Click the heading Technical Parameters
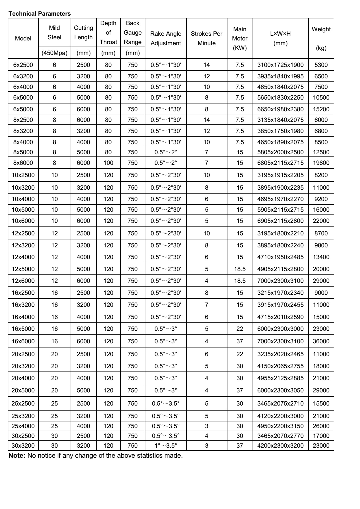coord(40,14)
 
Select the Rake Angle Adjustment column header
coord(166,38)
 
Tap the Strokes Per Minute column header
coord(207,38)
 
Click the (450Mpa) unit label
coord(54,53)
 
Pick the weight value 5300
coord(321,65)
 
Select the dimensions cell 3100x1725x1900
coord(280,65)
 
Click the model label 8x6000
coord(23,163)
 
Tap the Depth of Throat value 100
coord(108,163)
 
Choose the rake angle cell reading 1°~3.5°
coord(166,445)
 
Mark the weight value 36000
coord(321,341)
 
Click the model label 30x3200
coord(23,445)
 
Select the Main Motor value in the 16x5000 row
coord(240,329)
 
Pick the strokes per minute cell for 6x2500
coord(207,65)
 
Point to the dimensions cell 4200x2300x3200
coord(280,445)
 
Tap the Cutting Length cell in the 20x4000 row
coord(83,378)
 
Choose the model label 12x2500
coord(23,233)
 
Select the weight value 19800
coord(321,163)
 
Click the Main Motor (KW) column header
coord(240,38)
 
